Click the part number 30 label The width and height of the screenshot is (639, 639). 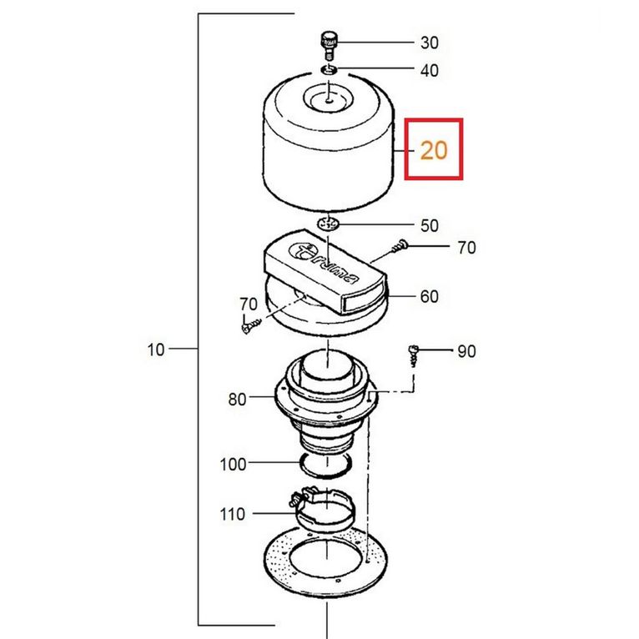429,43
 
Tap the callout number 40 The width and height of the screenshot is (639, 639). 429,71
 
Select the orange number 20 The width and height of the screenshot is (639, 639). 434,150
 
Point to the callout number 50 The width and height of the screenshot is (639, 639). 429,226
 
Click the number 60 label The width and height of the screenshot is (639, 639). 429,296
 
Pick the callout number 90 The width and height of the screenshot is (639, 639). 466,351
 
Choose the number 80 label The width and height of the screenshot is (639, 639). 237,400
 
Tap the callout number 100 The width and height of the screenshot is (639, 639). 233,464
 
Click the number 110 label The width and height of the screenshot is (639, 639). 232,515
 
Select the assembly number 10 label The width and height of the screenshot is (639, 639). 156,350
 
